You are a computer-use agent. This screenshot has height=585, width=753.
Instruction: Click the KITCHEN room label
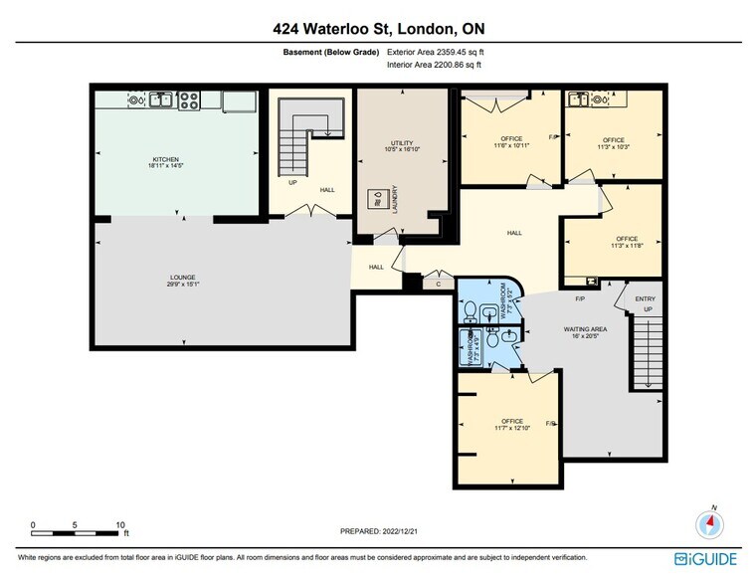pyautogui.click(x=164, y=162)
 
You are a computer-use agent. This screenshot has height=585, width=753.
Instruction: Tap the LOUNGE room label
pyautogui.click(x=182, y=280)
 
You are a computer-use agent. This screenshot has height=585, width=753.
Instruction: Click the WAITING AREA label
pyautogui.click(x=558, y=328)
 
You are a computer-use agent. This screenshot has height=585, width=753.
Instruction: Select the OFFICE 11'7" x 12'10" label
pyautogui.click(x=512, y=424)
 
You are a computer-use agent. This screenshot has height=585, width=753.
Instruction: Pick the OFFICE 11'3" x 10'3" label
pyautogui.click(x=613, y=143)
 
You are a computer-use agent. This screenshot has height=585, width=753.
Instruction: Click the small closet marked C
pyautogui.click(x=439, y=284)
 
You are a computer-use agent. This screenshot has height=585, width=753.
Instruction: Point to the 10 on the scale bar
pyautogui.click(x=118, y=524)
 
